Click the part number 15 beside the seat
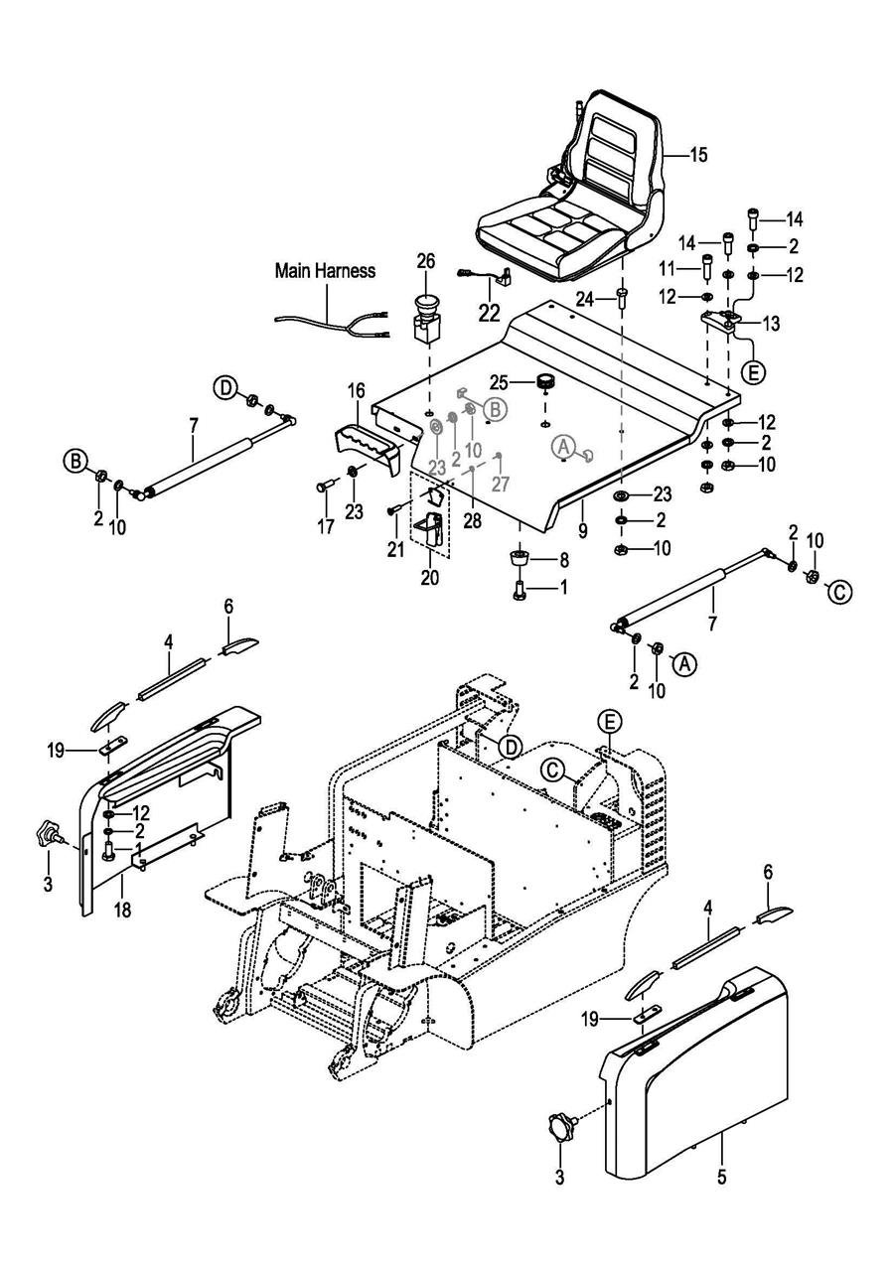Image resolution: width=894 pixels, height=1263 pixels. click(x=698, y=155)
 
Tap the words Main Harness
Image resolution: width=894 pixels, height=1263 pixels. click(x=325, y=271)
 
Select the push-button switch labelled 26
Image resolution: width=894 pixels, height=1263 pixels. click(x=427, y=322)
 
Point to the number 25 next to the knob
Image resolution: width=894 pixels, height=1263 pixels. click(x=500, y=382)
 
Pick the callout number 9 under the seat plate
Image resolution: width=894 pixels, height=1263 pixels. click(x=583, y=530)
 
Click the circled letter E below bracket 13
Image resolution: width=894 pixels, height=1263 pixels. click(x=754, y=372)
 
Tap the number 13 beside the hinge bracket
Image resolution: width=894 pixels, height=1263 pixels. click(x=771, y=325)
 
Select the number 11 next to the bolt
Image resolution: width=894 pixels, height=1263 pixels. click(x=668, y=269)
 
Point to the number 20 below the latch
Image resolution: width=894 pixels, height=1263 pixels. click(x=430, y=579)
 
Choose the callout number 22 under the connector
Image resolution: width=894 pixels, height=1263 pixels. click(x=489, y=313)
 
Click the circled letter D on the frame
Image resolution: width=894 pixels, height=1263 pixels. click(x=511, y=747)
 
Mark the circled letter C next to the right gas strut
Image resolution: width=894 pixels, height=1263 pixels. click(x=839, y=592)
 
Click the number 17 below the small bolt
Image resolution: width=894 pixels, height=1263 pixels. click(x=326, y=526)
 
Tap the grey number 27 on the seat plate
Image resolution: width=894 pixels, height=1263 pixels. click(x=501, y=484)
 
